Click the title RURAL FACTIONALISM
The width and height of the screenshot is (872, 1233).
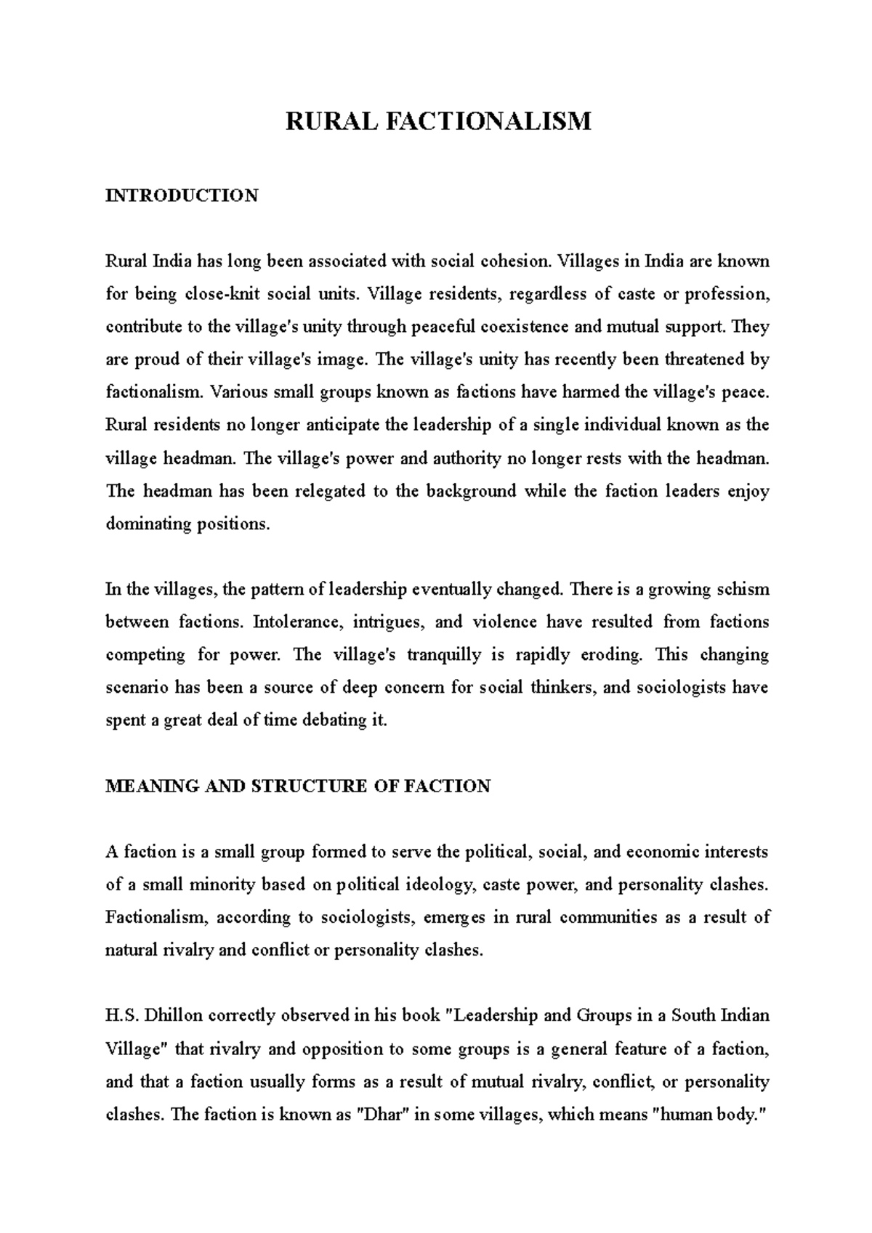coord(438,121)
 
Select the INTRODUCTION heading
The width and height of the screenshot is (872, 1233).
coord(182,195)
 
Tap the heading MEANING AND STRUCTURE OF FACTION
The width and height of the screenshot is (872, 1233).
coord(298,786)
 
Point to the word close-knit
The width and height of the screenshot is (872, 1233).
coord(222,294)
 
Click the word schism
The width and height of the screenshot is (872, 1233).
coord(741,589)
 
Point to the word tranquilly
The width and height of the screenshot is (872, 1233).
coord(444,654)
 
